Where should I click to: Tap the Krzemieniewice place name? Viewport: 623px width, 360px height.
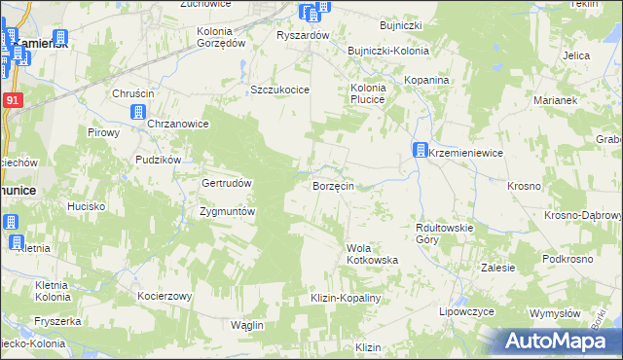pos(464,153)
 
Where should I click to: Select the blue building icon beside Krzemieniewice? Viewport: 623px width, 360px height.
pos(420,152)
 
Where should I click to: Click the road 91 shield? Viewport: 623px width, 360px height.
pos(11,100)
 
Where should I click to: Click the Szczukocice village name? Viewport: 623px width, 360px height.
pos(279,90)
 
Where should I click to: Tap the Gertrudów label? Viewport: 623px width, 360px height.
pos(227,184)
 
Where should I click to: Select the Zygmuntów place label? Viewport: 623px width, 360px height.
pos(227,211)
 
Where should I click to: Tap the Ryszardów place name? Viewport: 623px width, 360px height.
pos(304,35)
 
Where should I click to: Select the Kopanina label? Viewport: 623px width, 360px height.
pos(427,79)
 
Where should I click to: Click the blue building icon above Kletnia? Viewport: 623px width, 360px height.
pos(14,223)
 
